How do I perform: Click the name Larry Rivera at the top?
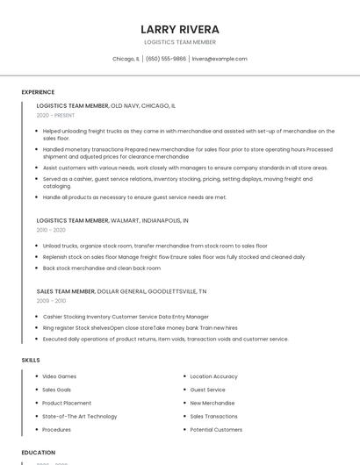click(x=180, y=29)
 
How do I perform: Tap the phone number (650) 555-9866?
click(x=166, y=59)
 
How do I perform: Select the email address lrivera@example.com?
click(x=220, y=59)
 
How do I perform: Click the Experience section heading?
click(x=38, y=92)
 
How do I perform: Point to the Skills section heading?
click(x=31, y=360)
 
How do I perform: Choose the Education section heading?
click(x=39, y=452)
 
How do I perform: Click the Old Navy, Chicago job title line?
click(x=105, y=105)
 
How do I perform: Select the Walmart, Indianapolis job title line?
click(x=112, y=220)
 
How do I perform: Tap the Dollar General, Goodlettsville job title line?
click(x=121, y=290)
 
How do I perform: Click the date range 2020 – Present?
click(x=55, y=115)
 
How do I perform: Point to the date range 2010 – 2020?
click(x=51, y=230)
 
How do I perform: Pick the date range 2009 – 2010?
click(x=51, y=300)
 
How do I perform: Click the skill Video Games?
click(x=59, y=376)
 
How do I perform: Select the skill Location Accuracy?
click(x=213, y=376)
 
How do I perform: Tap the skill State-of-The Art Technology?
click(x=79, y=416)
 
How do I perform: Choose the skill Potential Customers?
click(x=216, y=430)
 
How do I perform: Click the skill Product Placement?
click(x=67, y=403)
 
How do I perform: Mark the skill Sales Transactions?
click(x=213, y=416)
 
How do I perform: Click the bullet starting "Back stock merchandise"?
click(x=101, y=268)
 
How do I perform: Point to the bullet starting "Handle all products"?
click(x=134, y=197)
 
